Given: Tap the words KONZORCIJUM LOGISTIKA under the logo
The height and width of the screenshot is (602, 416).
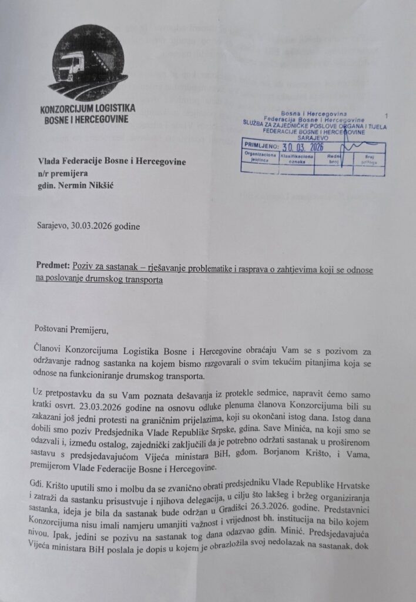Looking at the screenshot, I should coord(88,109).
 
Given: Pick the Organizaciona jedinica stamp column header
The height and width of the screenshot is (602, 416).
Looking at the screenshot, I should coord(259,159).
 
